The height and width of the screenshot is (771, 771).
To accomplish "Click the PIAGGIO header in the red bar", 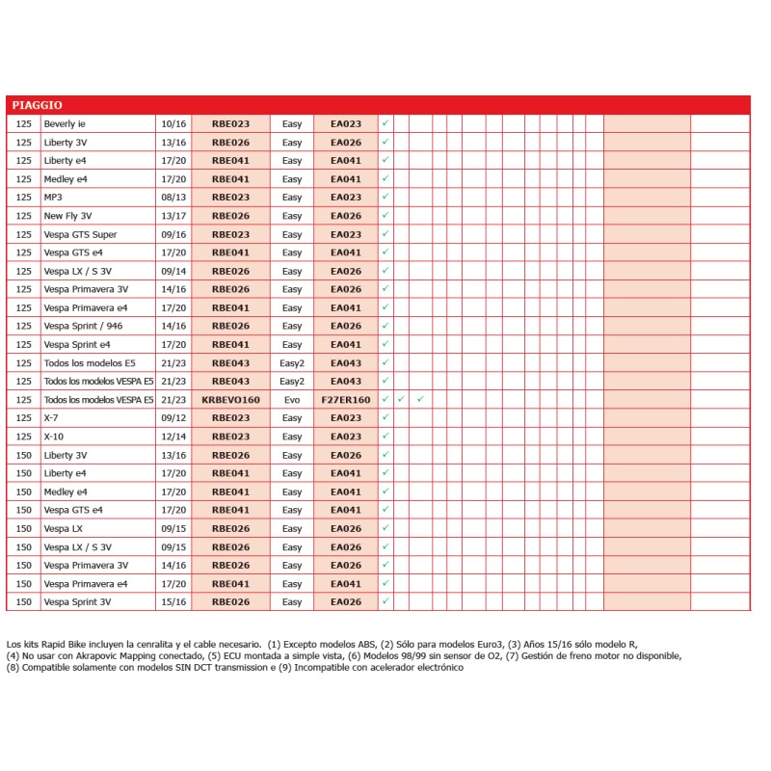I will point(38,105).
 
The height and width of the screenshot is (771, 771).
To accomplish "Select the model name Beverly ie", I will point(65,124).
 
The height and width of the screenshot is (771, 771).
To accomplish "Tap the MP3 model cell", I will point(53,198).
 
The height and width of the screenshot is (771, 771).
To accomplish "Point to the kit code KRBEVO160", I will point(230,400).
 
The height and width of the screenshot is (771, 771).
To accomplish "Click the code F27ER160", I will point(346,400).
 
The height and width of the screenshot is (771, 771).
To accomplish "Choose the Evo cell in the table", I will point(292,400).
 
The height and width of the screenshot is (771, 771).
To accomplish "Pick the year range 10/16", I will point(173,124).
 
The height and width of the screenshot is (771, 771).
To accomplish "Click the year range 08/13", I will point(173,198).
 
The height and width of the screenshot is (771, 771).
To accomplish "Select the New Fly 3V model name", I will point(68,216).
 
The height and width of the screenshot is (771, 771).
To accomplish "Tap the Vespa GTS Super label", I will point(81,234).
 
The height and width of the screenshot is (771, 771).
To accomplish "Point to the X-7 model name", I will point(52,418).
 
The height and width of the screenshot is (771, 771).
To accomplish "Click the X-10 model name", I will point(54,437).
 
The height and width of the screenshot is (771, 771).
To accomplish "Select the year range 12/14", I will point(173,437).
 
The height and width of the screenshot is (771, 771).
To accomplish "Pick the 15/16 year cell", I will point(173,602).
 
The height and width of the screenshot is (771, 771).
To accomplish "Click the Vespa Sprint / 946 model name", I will point(84,327).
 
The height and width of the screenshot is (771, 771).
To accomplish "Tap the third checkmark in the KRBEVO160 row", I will point(421,399).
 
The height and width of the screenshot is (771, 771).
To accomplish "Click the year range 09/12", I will point(173,418).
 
